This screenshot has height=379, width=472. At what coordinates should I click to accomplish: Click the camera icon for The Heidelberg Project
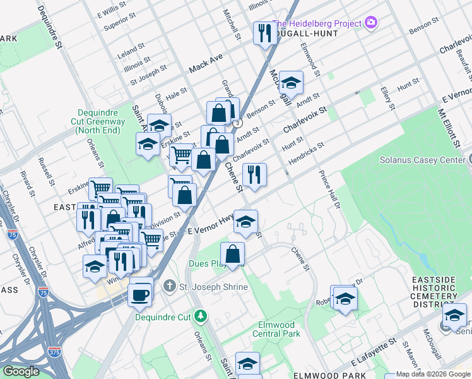pyautogui.click(x=371, y=23)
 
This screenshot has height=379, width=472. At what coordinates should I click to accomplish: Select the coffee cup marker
pyautogui.click(x=140, y=294)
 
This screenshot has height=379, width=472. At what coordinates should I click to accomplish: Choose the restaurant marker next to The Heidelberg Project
pyautogui.click(x=264, y=33)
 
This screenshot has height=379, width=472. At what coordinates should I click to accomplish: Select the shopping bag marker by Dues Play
pyautogui.click(x=232, y=255)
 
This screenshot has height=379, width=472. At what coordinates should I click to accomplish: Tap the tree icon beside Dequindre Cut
pyautogui.click(x=201, y=315)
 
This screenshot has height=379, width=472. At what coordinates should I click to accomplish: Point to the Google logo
pyautogui.click(x=21, y=371)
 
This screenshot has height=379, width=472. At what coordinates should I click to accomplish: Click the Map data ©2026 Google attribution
pyautogui.click(x=433, y=374)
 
